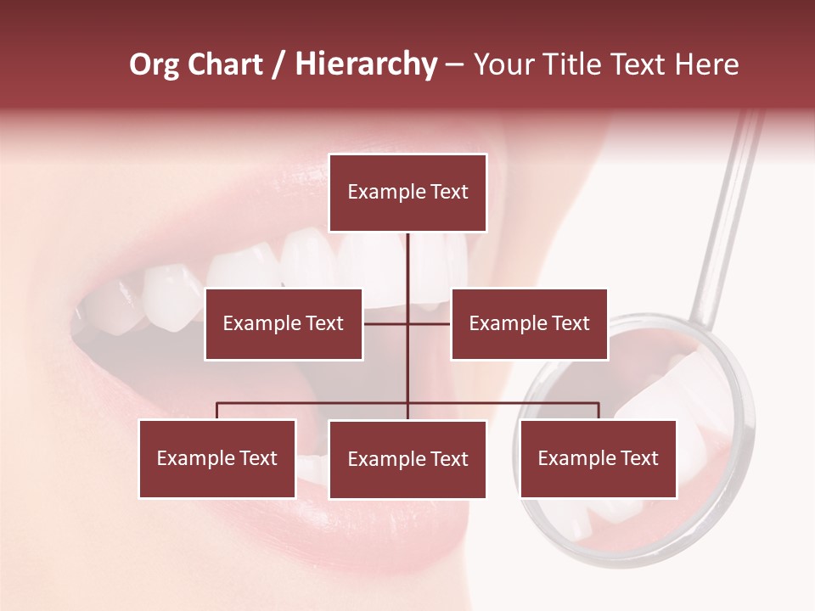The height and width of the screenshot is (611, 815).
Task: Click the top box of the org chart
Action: click(x=407, y=193)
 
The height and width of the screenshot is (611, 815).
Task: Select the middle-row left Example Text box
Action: click(x=284, y=324)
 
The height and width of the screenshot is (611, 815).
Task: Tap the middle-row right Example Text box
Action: click(x=529, y=324)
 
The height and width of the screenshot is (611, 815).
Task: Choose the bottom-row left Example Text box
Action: click(x=217, y=459)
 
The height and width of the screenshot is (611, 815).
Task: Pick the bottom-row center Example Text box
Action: click(x=407, y=460)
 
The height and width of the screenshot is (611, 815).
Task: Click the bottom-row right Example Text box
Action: click(x=598, y=459)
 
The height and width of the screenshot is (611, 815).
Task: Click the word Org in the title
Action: click(x=155, y=64)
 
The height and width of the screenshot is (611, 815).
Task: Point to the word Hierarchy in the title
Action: click(x=366, y=64)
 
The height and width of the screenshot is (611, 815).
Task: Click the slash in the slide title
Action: click(x=278, y=65)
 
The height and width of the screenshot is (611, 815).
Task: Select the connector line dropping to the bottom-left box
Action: click(x=217, y=411)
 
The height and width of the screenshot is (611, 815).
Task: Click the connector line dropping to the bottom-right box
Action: click(x=599, y=411)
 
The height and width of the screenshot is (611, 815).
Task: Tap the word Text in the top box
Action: click(x=449, y=193)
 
